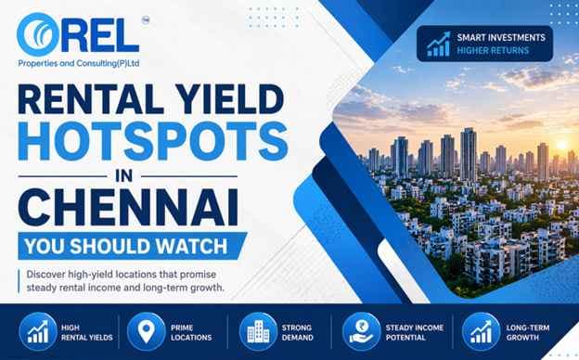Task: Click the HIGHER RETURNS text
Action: [x=494, y=50]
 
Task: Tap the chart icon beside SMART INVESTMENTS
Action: [x=439, y=43]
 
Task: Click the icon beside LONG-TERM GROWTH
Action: [x=479, y=331]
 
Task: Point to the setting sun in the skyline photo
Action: [x=542, y=148]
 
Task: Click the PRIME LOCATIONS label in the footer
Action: [x=191, y=331]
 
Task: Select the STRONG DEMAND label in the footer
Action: [x=298, y=331]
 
